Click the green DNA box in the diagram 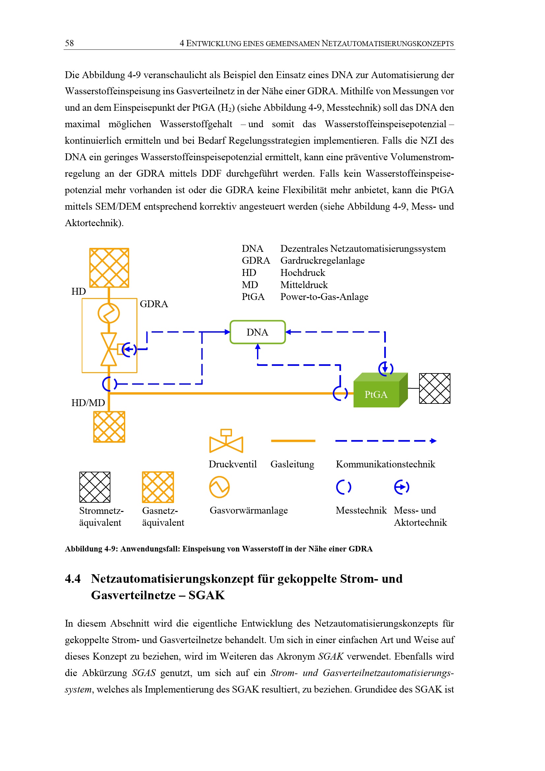pyautogui.click(x=257, y=332)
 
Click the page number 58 pyautogui.click(x=70, y=43)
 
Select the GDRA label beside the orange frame pyautogui.click(x=154, y=304)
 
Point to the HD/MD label pyautogui.click(x=88, y=402)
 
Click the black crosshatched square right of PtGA pyautogui.click(x=435, y=389)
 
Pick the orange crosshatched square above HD pyautogui.click(x=109, y=268)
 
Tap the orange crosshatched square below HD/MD pyautogui.click(x=109, y=427)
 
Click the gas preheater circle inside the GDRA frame pyautogui.click(x=108, y=313)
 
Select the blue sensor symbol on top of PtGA pyautogui.click(x=386, y=369)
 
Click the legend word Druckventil pyautogui.click(x=233, y=464)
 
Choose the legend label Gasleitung pyautogui.click(x=292, y=464)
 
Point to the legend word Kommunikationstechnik pyautogui.click(x=385, y=464)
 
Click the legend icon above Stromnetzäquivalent pyautogui.click(x=95, y=487)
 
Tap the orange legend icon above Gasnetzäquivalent pyautogui.click(x=158, y=487)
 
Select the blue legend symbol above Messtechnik pyautogui.click(x=344, y=487)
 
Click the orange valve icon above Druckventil pyautogui.click(x=226, y=442)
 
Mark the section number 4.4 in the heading pyautogui.click(x=73, y=579)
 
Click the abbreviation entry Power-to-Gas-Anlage pyautogui.click(x=324, y=297)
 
